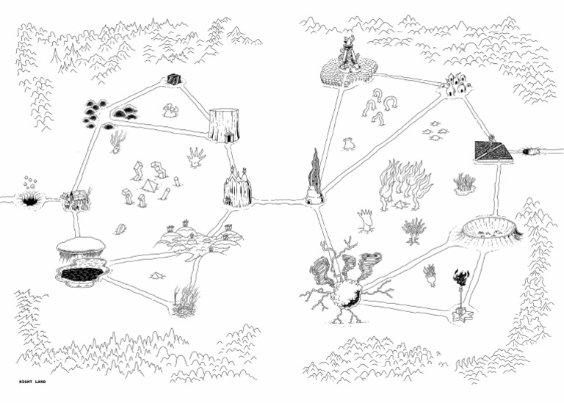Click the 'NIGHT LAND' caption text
32,382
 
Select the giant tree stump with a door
223,125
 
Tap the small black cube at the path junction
173,79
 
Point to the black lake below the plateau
82,274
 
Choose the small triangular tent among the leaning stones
150,186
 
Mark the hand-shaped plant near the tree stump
196,157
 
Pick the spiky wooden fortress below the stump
237,189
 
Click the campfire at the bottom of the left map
185,303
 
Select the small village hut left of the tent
76,199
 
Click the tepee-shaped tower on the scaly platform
347,55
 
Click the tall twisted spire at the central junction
314,179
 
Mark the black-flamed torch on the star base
461,294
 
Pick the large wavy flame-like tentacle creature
399,184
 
